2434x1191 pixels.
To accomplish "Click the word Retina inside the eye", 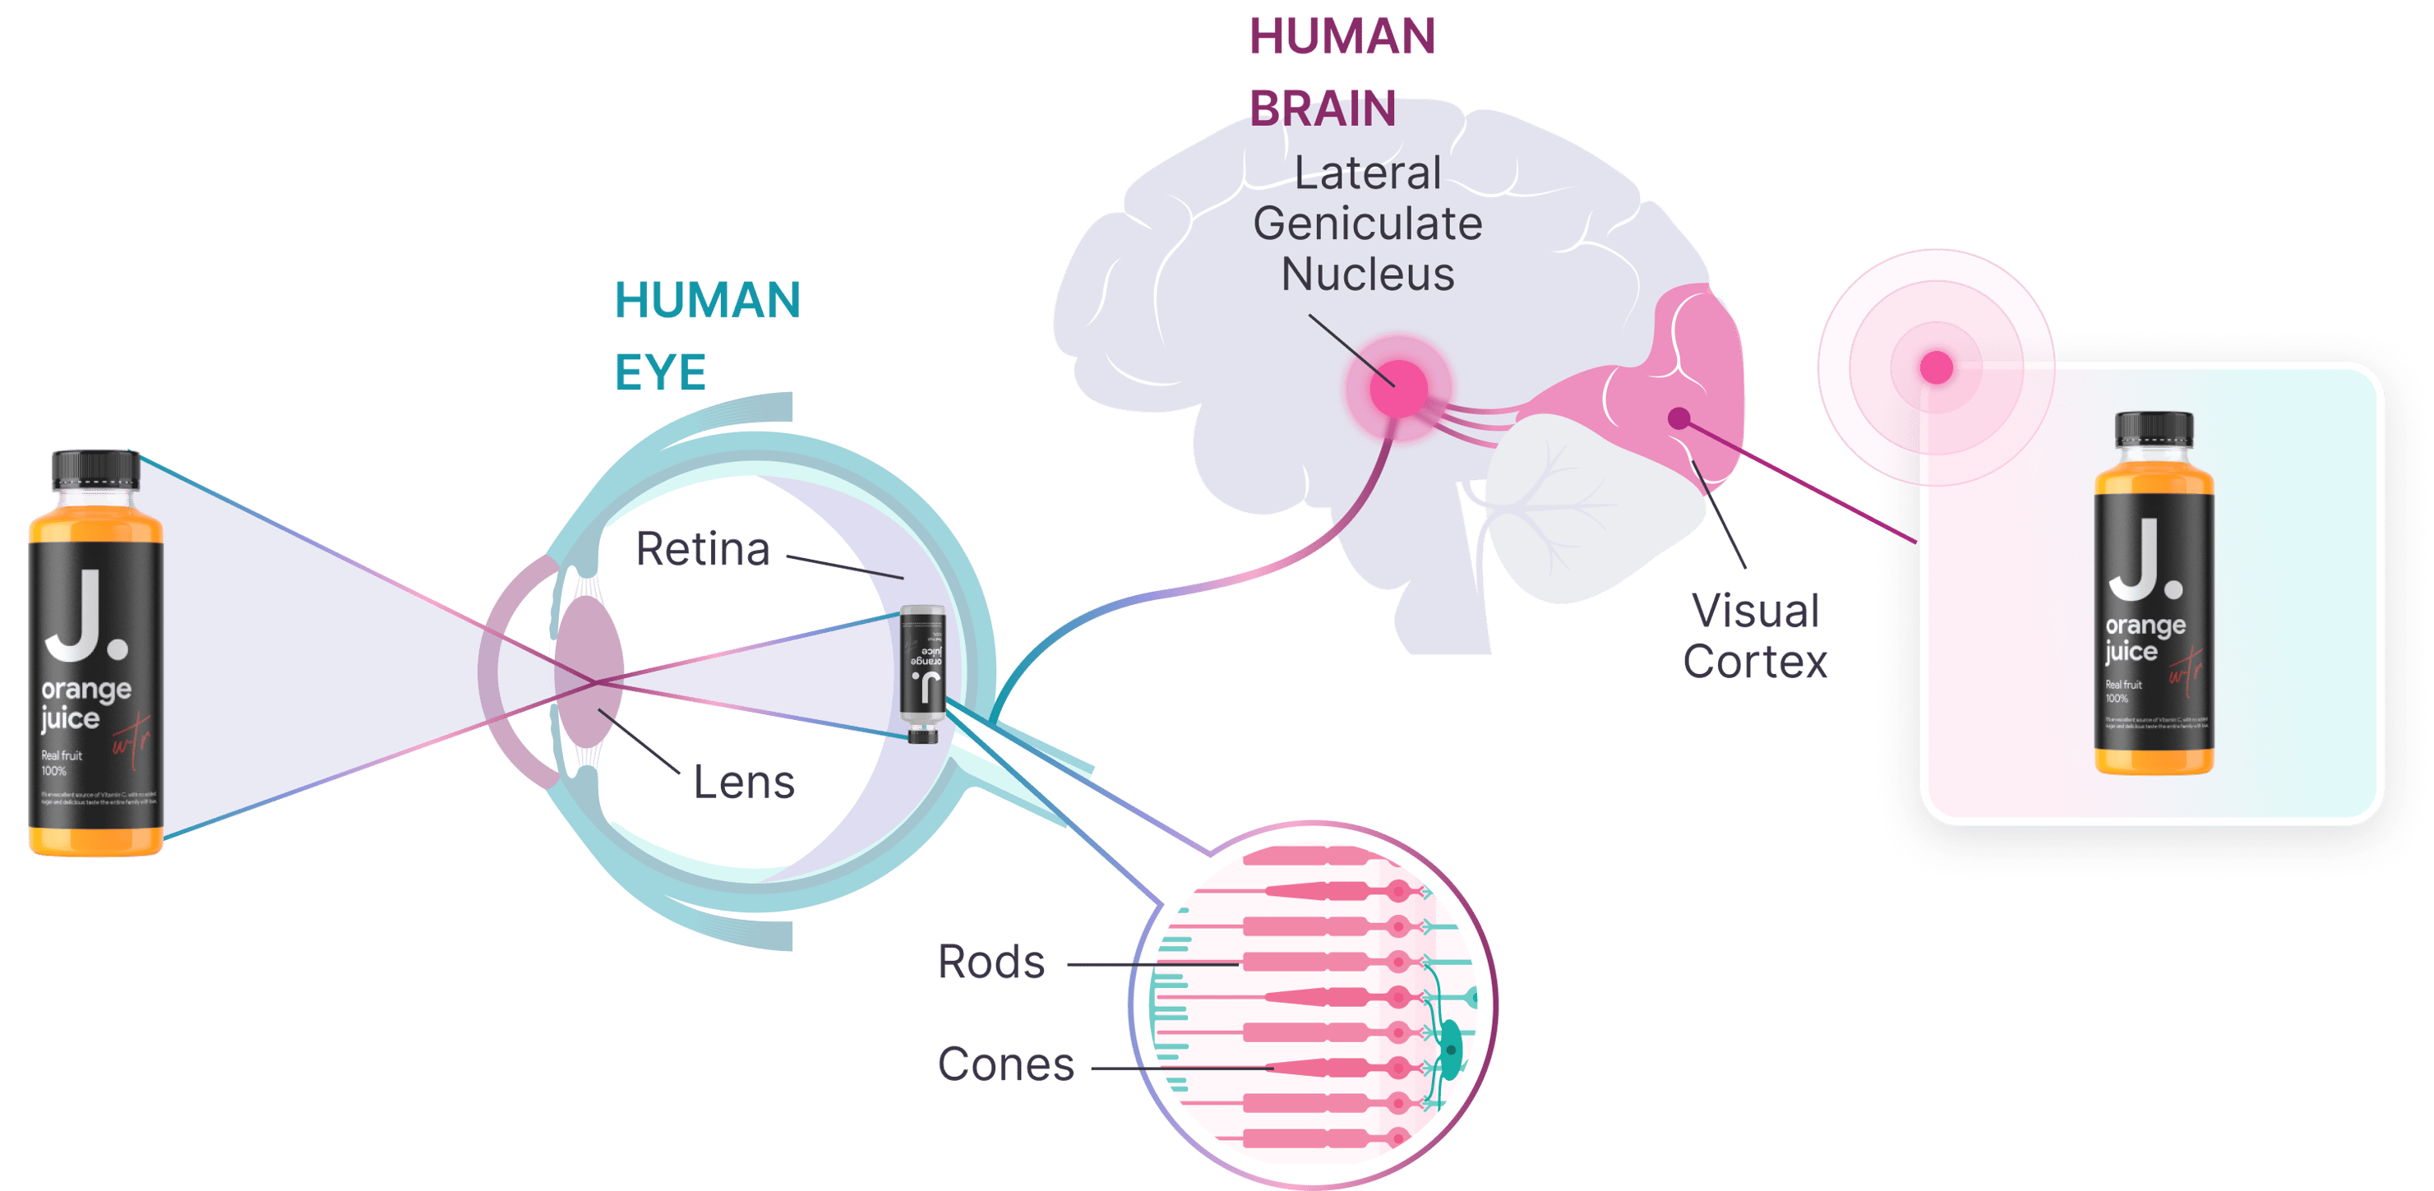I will [x=703, y=550].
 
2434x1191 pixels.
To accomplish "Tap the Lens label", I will [x=744, y=783].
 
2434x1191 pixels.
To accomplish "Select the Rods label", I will [x=991, y=962].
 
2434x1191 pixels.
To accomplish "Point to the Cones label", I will [x=1005, y=1064].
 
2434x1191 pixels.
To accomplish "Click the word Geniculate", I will [x=1367, y=224].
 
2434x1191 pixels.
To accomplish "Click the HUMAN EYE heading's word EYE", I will [x=660, y=373].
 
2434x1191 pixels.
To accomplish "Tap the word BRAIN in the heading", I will [x=1323, y=109].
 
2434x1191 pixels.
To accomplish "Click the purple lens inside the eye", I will [x=589, y=672].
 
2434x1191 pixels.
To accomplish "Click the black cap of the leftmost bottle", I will [x=95, y=469].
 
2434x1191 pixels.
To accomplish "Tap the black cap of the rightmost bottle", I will [x=2154, y=429].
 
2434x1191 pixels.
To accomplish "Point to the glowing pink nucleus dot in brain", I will [x=1399, y=388].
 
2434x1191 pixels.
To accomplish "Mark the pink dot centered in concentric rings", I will [x=1935, y=367].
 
